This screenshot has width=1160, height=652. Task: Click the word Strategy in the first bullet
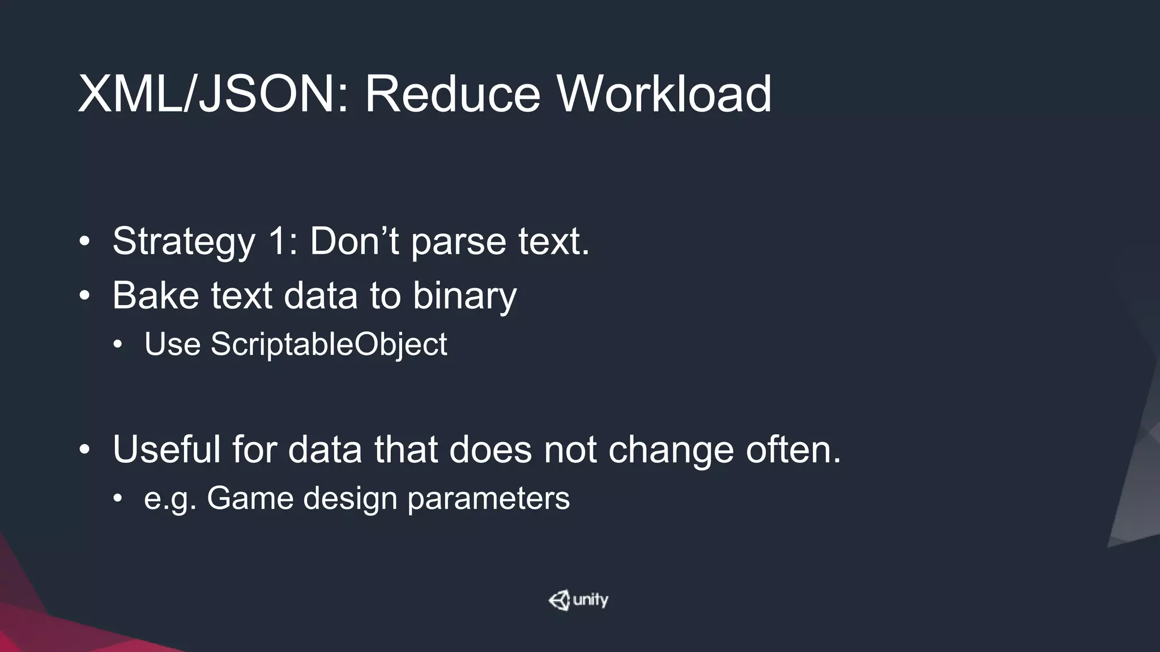[x=184, y=242]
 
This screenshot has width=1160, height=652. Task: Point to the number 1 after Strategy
[x=279, y=241]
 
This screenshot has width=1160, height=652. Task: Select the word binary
[x=464, y=296]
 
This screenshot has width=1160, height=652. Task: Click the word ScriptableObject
[x=329, y=344]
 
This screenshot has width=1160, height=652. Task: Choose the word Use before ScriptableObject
[x=172, y=344]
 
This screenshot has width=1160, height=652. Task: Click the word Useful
[x=167, y=449]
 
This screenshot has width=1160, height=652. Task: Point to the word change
[x=671, y=451]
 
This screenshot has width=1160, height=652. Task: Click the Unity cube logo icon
[x=559, y=600]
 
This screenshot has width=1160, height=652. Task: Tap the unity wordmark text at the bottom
[x=590, y=600]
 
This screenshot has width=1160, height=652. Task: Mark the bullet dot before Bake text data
[x=84, y=296]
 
